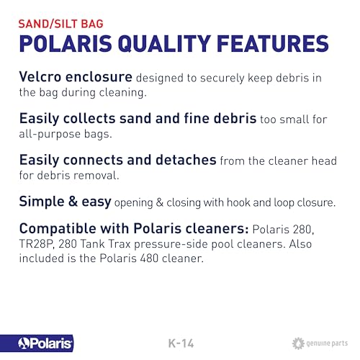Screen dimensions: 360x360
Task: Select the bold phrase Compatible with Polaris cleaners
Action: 132,230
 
